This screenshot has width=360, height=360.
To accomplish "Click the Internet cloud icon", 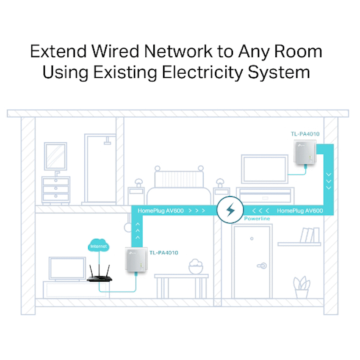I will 98,246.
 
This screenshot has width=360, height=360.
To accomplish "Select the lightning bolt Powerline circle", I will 230,209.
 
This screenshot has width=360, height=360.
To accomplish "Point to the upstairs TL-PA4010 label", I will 305,134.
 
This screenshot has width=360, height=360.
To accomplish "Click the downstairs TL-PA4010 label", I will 163,253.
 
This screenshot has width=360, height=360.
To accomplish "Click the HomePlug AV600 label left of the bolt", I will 161,210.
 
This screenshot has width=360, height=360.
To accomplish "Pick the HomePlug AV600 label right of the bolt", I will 300,210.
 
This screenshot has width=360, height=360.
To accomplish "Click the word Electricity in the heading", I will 204,72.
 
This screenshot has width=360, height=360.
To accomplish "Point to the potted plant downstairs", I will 302,288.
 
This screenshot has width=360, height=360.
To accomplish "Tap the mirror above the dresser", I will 55,156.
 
